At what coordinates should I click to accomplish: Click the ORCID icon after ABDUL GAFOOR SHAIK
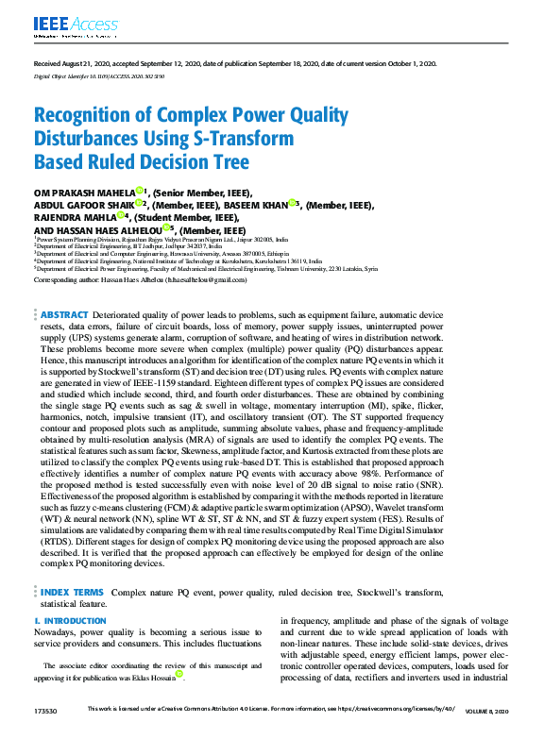tap(139, 203)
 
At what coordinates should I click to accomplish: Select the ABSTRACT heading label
tap(64, 314)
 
